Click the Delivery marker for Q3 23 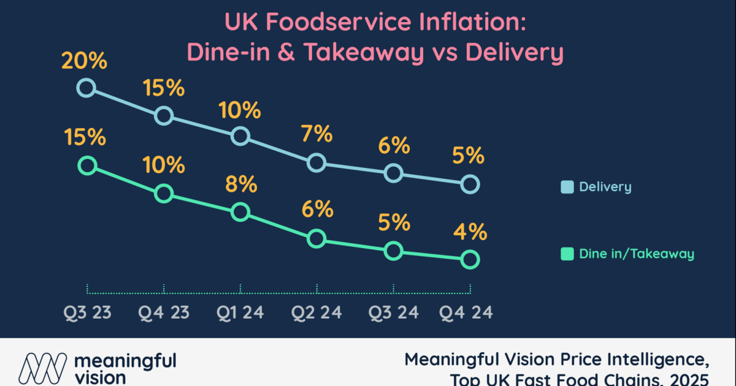point(86,88)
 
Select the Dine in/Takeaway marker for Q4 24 point(470,260)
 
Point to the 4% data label point(470,233)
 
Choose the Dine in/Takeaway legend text point(636,254)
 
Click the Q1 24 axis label point(240,312)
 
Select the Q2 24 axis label point(316,312)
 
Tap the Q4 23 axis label point(163,312)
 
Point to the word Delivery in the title point(514,53)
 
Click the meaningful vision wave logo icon point(42,368)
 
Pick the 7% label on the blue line point(316,134)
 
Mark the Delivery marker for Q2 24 point(316,162)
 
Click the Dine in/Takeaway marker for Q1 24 point(240,212)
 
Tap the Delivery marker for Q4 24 point(470,184)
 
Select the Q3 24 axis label point(393,312)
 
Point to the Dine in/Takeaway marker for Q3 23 point(87,165)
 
